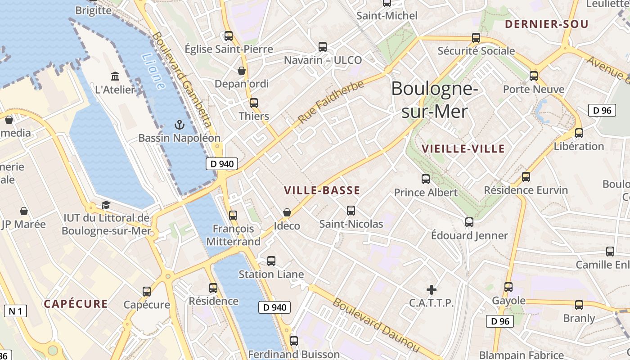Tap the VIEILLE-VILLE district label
coord(463,149)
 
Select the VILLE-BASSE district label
coord(322,190)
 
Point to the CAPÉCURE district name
coord(76,304)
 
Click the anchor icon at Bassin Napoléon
coord(180,124)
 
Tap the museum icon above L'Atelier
coord(115,76)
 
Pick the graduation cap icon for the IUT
coord(106,205)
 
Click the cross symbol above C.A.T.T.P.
coord(431,289)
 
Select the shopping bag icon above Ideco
coord(287,212)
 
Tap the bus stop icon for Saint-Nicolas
coord(351,210)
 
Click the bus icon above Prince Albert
coord(426,179)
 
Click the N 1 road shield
coord(15,310)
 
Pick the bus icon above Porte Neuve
coord(534,76)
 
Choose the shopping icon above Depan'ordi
coord(242,71)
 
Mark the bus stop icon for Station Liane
coord(271,261)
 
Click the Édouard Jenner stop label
coord(469,235)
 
